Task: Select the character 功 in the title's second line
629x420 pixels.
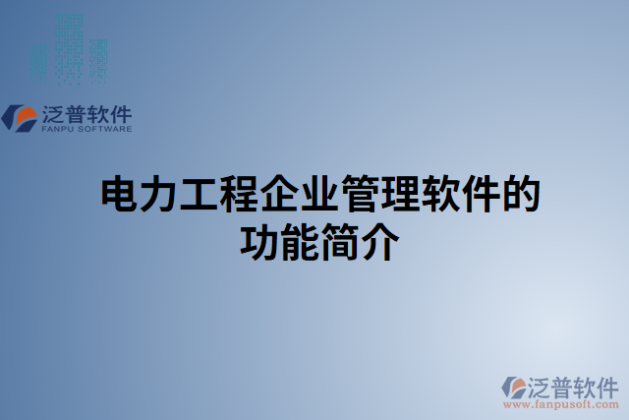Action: tap(259, 241)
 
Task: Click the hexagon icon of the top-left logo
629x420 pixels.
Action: tap(21, 117)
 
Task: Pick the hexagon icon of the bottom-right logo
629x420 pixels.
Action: tap(514, 387)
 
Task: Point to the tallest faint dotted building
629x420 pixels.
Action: tap(69, 45)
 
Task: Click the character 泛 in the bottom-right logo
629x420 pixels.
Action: tap(542, 385)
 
